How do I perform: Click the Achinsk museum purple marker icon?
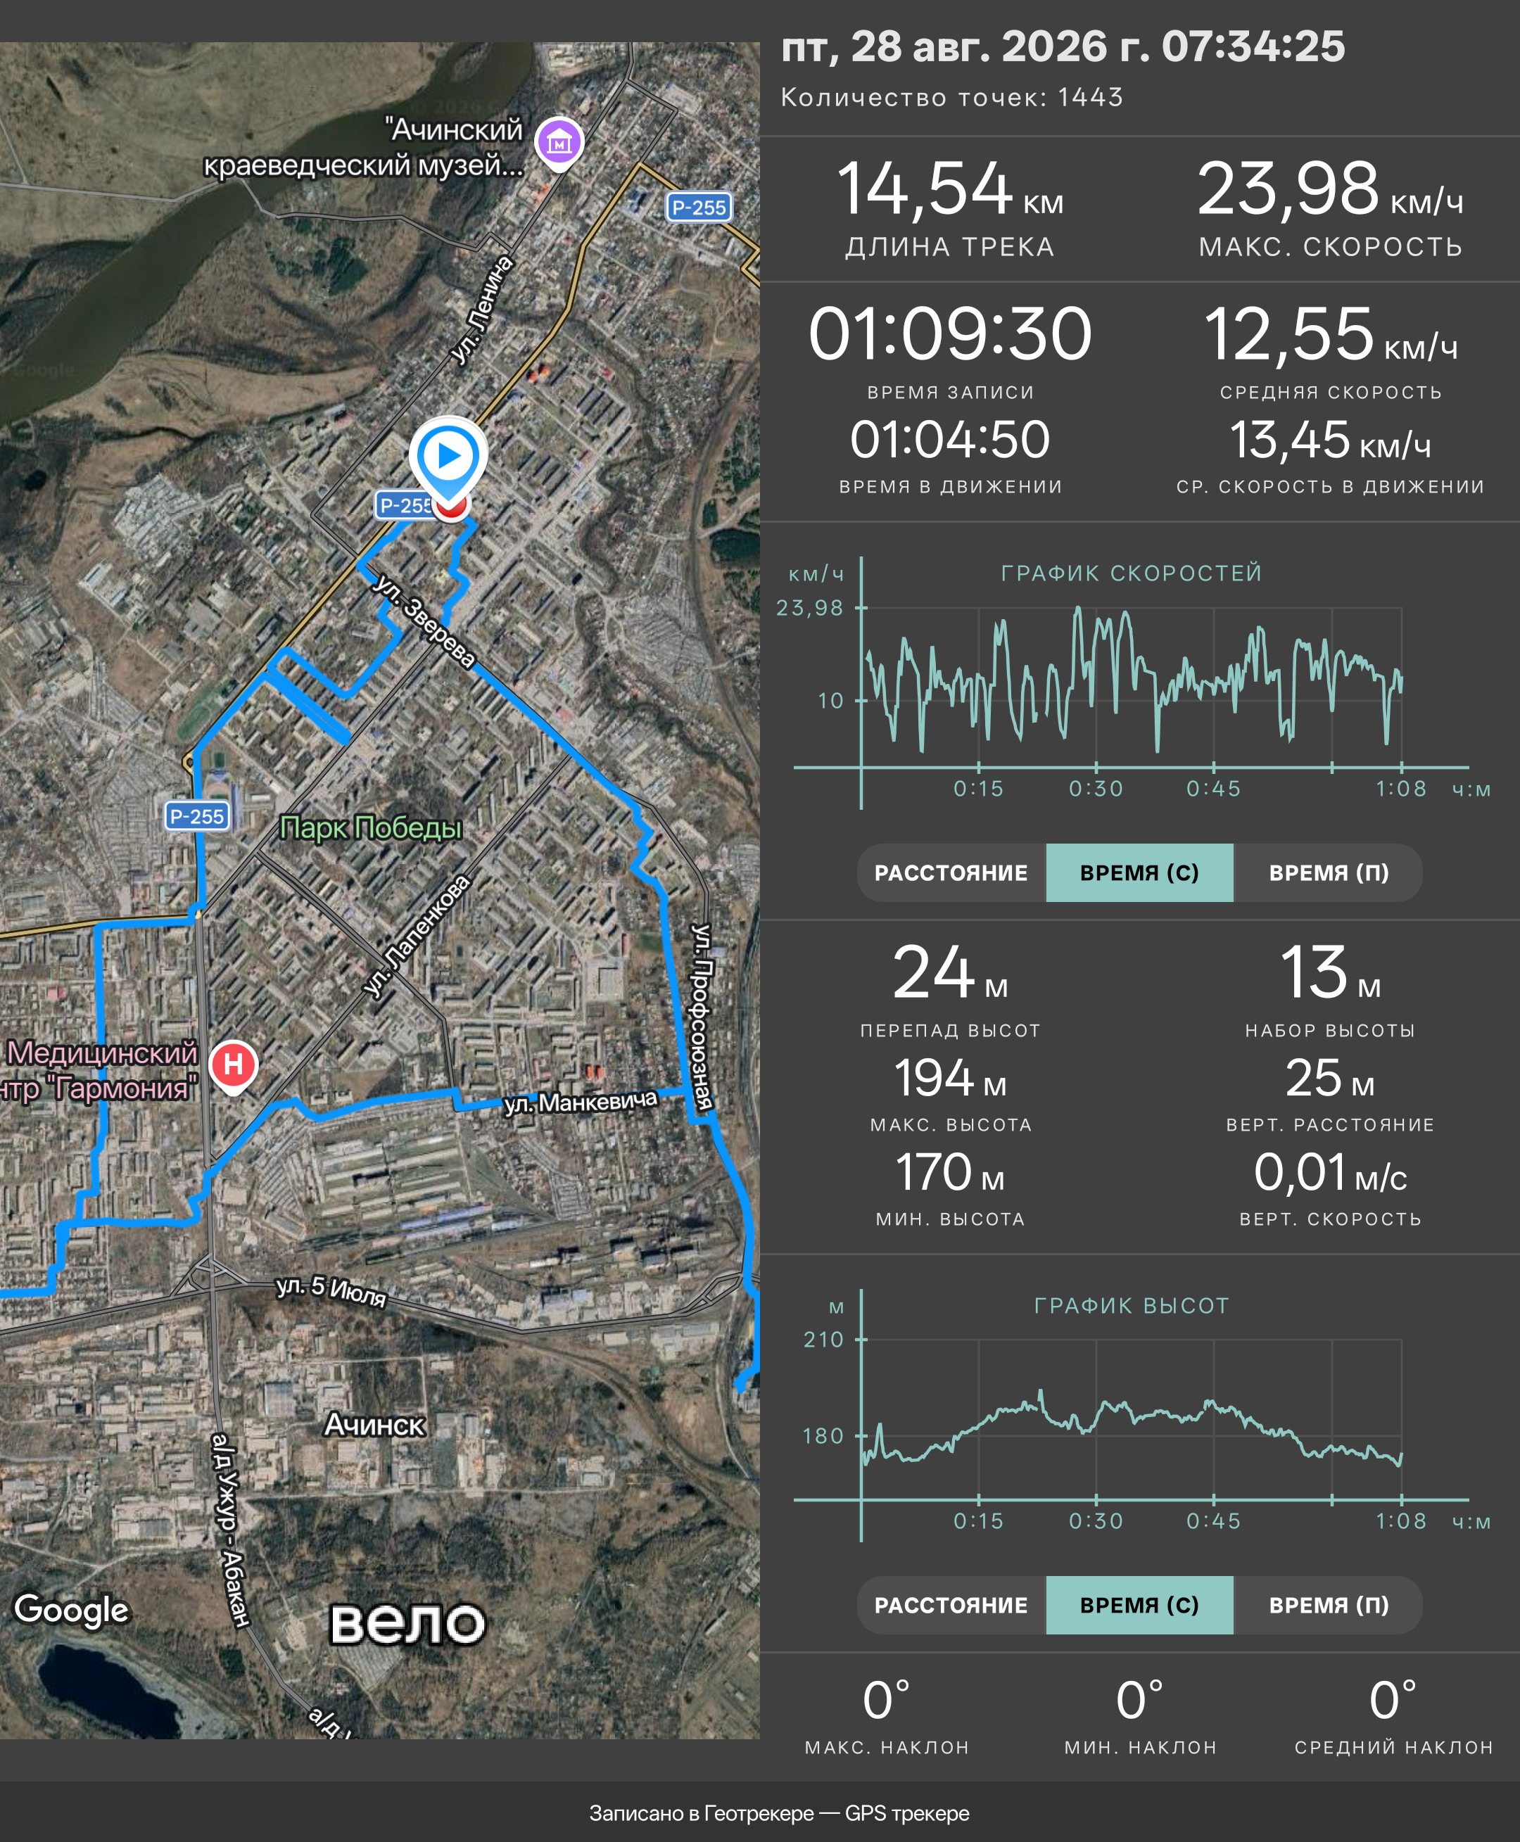[x=559, y=143]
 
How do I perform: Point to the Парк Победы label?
[x=370, y=828]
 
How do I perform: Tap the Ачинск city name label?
[x=375, y=1425]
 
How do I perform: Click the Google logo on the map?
[x=72, y=1610]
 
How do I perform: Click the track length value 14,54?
[x=925, y=189]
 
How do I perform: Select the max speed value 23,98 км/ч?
[x=1330, y=189]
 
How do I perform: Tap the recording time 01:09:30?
[x=950, y=334]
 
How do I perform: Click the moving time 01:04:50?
[x=950, y=440]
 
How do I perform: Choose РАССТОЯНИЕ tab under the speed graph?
[x=951, y=873]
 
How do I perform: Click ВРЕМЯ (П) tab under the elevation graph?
[x=1329, y=1605]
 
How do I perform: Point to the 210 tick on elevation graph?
[x=823, y=1340]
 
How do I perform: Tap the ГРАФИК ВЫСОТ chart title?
[x=1132, y=1306]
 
